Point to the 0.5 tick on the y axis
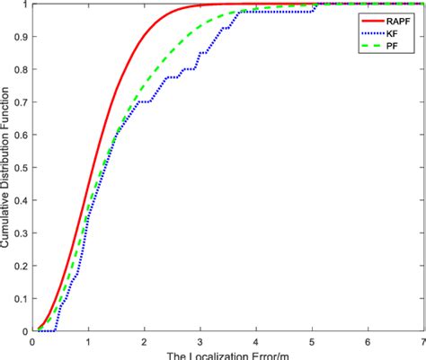point(22,167)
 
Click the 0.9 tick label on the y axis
point(22,37)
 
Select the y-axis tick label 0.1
point(22,298)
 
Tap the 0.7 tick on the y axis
point(22,102)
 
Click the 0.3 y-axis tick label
point(22,233)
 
